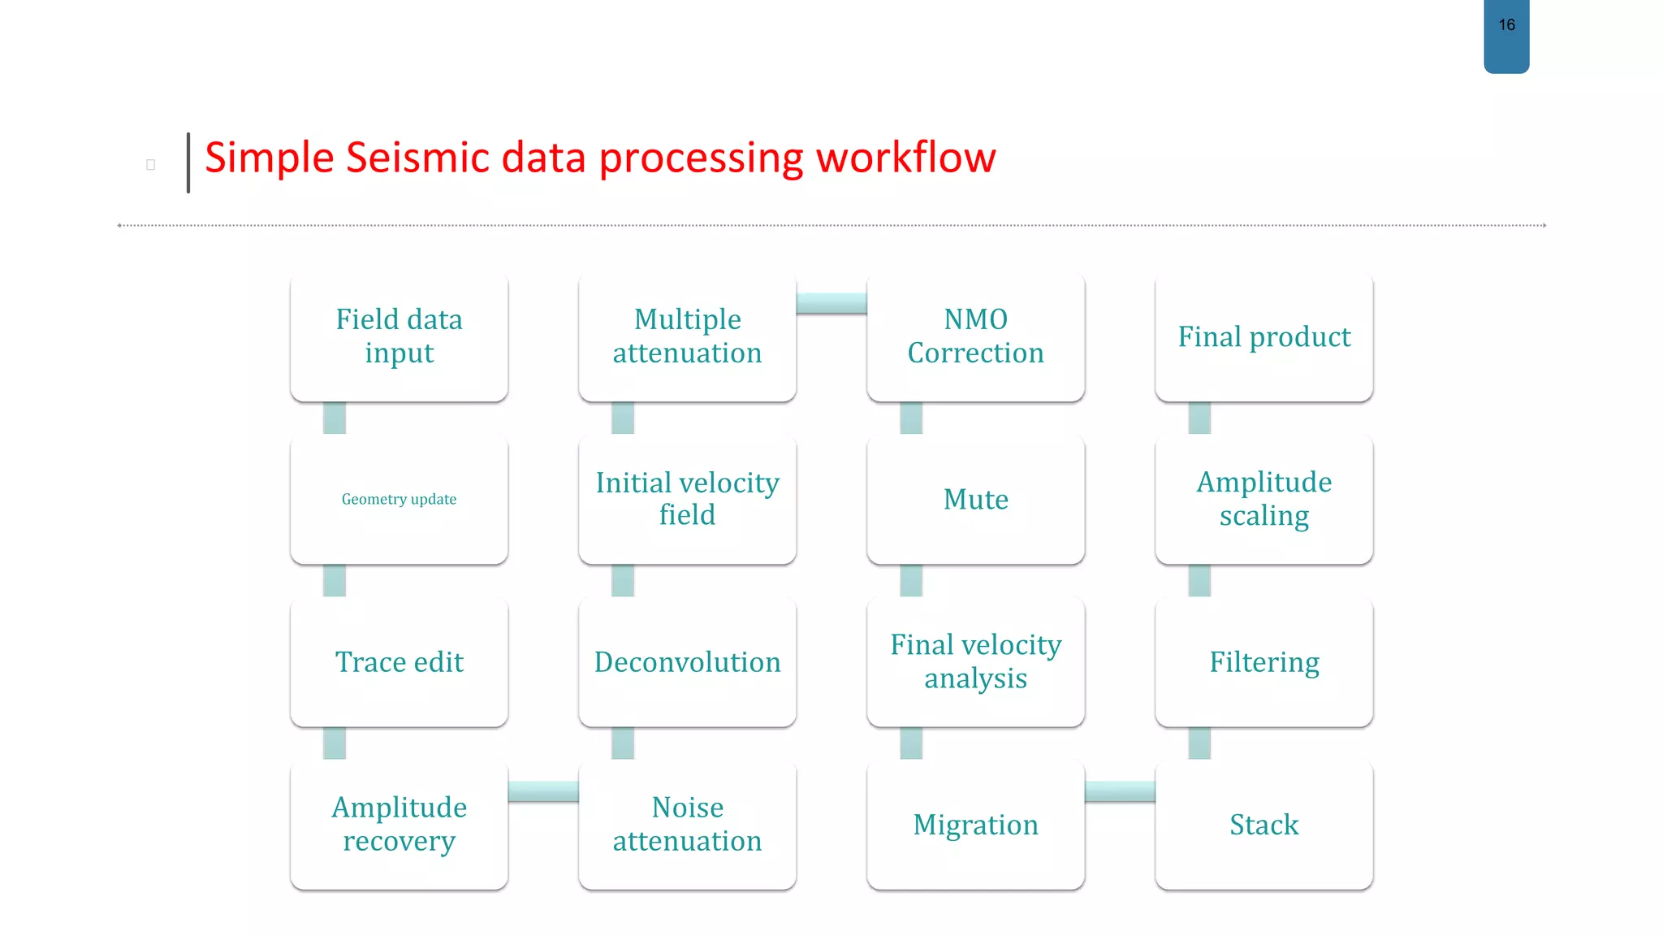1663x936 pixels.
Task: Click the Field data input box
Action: coord(399,336)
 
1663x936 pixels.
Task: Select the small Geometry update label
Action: coord(399,499)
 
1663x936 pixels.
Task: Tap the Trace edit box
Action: coord(399,661)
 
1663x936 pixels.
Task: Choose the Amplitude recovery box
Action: coord(399,824)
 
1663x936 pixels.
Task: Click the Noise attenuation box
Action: coord(687,824)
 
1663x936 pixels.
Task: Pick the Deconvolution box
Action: coord(687,661)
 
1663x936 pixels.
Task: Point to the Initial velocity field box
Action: coord(687,499)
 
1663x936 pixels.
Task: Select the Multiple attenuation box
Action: coord(687,336)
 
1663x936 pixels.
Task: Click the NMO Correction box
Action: coord(975,336)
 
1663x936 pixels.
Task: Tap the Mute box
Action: coord(975,499)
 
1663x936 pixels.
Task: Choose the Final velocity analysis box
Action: coord(975,661)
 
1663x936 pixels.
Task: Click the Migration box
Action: coord(975,824)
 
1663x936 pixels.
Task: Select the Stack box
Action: coord(1263,824)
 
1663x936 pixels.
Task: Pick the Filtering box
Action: coord(1263,661)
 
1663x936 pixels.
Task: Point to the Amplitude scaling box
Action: coord(1263,499)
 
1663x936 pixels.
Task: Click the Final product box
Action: coord(1263,336)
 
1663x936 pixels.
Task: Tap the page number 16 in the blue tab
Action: coord(1506,25)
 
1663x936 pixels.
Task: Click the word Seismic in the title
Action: coord(417,158)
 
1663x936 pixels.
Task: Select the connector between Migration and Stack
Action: coord(1120,791)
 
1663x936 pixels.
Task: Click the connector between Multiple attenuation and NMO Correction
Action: coord(831,303)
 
